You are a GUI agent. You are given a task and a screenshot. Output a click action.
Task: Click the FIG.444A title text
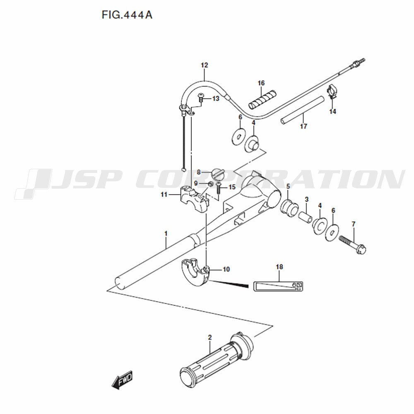click(127, 15)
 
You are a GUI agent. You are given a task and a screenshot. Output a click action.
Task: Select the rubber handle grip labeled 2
click(217, 358)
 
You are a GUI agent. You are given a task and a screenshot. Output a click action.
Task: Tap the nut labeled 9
click(211, 184)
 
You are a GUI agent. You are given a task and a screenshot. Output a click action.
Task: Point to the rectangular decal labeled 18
click(278, 286)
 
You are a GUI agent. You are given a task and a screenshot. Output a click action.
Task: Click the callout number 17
click(303, 126)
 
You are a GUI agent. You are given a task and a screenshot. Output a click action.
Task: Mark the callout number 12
click(205, 65)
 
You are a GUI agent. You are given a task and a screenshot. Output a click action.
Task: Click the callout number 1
click(166, 233)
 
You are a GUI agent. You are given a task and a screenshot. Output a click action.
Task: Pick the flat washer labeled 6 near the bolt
click(332, 233)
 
